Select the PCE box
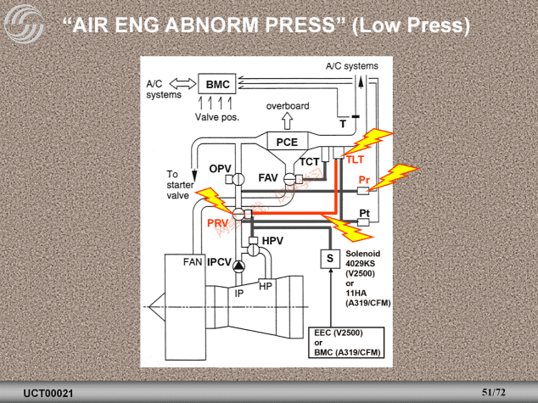tap(287, 142)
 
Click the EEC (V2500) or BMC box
tap(345, 343)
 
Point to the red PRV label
tap(218, 222)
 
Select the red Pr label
tap(363, 180)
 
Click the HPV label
tap(272, 242)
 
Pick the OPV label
tap(221, 169)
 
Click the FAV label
tap(268, 178)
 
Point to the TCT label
tap(309, 161)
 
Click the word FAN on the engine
tap(193, 263)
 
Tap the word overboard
tap(288, 106)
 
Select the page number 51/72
tap(493, 393)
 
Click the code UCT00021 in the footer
tap(48, 394)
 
